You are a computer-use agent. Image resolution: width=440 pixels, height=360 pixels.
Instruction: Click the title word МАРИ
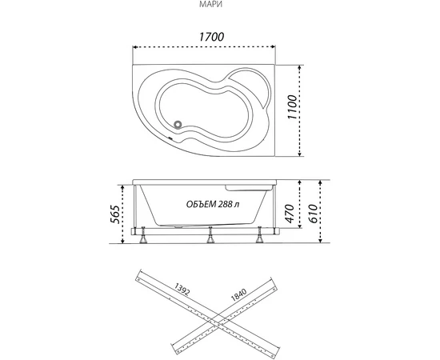[211, 5]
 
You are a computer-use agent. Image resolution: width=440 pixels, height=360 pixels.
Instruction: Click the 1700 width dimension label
[211, 37]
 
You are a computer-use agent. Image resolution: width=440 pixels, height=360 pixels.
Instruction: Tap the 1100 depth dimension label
[292, 107]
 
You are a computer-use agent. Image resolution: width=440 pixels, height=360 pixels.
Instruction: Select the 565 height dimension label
[115, 214]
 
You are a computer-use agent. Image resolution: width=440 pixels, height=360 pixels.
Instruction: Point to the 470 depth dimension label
[290, 214]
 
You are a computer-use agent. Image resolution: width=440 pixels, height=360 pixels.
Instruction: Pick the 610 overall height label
[313, 214]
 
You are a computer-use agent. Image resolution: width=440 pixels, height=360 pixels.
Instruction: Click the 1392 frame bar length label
[182, 290]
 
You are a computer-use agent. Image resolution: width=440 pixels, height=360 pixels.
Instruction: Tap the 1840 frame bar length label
[238, 295]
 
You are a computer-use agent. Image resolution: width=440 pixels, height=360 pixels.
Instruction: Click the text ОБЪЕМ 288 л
[213, 204]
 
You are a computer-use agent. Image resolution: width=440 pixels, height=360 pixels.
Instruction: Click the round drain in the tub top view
[178, 124]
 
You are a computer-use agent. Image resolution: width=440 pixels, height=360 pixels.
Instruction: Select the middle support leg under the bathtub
[210, 235]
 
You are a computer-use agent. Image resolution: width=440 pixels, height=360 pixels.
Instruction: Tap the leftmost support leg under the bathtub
[144, 235]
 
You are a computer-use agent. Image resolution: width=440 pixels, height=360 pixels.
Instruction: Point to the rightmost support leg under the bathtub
[259, 235]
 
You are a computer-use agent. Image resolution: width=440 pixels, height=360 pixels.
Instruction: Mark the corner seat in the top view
[250, 86]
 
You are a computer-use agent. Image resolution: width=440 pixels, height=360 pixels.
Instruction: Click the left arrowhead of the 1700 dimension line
[134, 47]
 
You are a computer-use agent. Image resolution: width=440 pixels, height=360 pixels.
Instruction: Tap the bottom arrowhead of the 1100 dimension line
[300, 154]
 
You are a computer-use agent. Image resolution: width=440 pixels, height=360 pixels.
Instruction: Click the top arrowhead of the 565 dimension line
[122, 187]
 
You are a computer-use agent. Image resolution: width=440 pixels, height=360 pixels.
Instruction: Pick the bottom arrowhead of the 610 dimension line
[321, 240]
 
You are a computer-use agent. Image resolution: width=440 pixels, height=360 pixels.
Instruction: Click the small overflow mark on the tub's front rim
[170, 138]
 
